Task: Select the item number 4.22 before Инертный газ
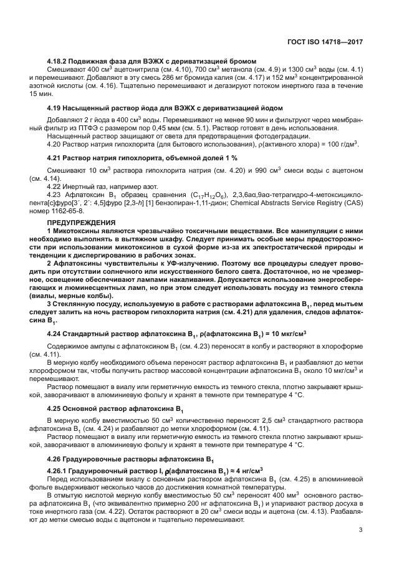(55, 187)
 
